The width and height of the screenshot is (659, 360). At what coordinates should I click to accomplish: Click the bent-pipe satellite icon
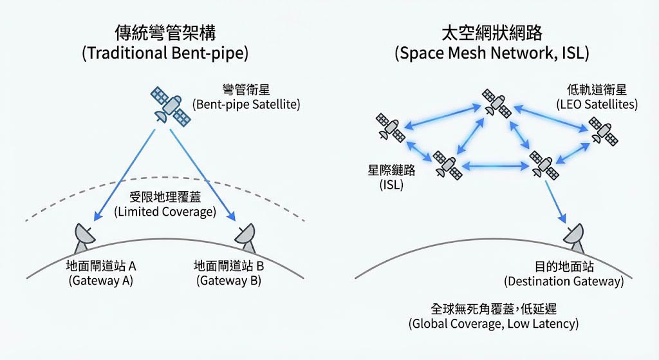(x=171, y=107)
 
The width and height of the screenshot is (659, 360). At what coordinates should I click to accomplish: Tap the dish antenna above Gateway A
(x=84, y=238)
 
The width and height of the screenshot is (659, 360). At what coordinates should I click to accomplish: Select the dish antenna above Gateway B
(x=246, y=238)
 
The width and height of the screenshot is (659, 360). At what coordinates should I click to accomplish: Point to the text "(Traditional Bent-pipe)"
(x=165, y=53)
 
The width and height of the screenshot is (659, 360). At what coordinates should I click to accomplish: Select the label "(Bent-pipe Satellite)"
(x=246, y=104)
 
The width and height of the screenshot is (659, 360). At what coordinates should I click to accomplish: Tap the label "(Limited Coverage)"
(x=165, y=211)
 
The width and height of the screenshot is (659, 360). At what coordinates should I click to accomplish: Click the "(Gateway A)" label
(x=100, y=281)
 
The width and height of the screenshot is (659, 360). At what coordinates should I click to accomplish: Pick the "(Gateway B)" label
(x=228, y=281)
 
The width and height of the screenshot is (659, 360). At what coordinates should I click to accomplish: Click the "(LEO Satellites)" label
(x=597, y=104)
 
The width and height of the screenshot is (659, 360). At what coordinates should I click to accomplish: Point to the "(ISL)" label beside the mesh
(x=391, y=185)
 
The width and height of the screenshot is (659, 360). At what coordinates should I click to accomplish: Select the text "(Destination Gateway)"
(x=564, y=281)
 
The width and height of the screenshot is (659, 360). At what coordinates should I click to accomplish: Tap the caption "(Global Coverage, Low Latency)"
(x=494, y=324)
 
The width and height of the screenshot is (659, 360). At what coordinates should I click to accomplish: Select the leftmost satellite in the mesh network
(x=390, y=128)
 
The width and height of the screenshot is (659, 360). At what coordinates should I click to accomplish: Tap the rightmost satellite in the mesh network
(x=604, y=131)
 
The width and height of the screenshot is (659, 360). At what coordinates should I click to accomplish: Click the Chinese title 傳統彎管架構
(x=165, y=32)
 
